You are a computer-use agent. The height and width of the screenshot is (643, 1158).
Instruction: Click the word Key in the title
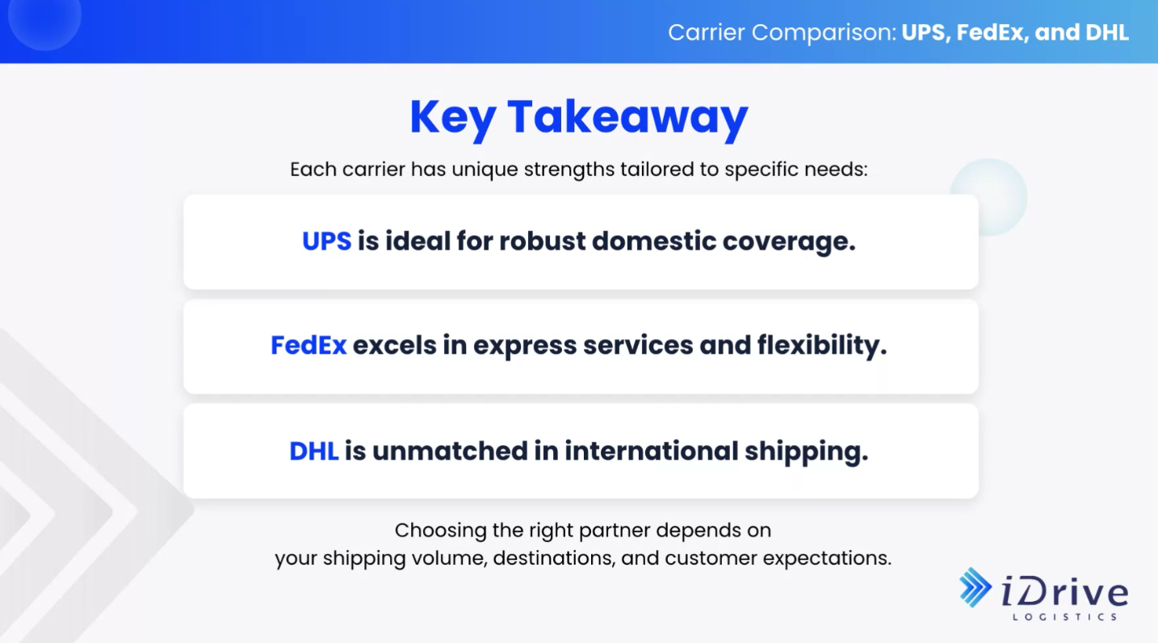453,120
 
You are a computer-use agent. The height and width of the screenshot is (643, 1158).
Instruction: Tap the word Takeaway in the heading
627,120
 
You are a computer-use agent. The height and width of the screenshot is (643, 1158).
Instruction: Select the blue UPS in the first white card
327,241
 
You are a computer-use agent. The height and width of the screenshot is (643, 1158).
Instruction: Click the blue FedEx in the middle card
308,345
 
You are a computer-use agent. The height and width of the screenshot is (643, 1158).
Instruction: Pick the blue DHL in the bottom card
314,451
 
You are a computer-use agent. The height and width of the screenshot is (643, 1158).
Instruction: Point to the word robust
543,241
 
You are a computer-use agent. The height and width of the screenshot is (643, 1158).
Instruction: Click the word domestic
654,241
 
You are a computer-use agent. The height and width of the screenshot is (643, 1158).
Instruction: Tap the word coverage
789,243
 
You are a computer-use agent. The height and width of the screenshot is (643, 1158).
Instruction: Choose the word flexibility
822,346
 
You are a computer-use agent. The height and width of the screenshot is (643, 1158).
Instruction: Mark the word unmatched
450,451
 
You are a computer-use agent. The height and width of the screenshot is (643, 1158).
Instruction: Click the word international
652,451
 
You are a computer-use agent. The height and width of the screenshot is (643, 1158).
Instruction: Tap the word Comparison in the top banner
824,33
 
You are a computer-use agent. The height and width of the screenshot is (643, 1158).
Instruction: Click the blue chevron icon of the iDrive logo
975,587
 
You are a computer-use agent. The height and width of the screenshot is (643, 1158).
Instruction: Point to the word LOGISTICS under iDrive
1065,616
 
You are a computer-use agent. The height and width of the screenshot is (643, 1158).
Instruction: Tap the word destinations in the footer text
554,558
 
